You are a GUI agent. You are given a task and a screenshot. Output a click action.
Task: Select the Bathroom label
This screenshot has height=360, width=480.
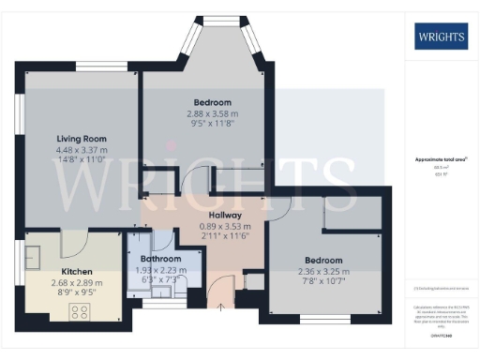pyautogui.click(x=160, y=258)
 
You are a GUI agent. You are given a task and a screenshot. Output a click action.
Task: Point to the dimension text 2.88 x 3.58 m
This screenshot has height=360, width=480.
pyautogui.click(x=212, y=112)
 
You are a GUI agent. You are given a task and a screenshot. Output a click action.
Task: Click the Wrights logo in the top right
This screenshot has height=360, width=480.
pyautogui.click(x=440, y=37)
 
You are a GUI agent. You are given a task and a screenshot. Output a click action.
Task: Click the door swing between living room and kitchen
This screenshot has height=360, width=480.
pyautogui.click(x=74, y=246)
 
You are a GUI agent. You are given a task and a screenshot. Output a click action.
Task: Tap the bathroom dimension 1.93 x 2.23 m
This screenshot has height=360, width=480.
pyautogui.click(x=160, y=269)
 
